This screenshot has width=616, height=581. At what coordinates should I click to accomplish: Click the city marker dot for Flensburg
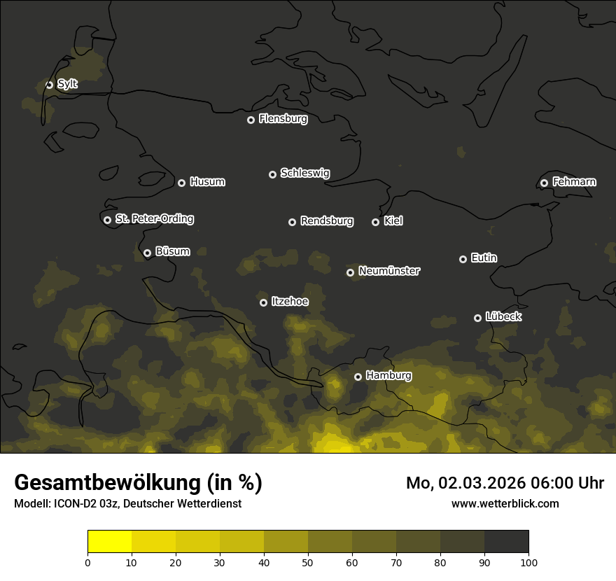point(251,120)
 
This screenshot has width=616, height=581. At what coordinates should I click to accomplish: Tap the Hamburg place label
point(388,376)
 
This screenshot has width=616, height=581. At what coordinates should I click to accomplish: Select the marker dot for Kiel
point(375,222)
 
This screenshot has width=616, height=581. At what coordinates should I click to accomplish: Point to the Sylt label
point(67,84)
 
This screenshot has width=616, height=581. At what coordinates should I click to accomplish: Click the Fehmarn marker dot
point(544,183)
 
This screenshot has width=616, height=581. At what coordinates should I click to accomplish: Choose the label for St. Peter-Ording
point(154,219)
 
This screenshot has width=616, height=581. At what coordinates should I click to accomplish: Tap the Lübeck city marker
point(477,318)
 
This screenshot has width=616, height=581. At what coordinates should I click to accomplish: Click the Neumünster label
point(389,271)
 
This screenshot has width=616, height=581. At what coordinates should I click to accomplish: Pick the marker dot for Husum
point(181,183)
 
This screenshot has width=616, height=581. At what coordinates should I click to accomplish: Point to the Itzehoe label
point(290,302)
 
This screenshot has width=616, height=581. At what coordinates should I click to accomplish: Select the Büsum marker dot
point(147,253)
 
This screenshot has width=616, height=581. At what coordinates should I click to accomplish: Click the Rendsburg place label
point(327,221)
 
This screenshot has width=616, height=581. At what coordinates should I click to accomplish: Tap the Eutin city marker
point(463,259)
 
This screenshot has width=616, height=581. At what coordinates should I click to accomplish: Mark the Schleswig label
point(305,173)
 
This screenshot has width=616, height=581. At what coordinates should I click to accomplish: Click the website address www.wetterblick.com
point(505,503)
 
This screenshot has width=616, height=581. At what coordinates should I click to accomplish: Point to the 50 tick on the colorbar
point(308,561)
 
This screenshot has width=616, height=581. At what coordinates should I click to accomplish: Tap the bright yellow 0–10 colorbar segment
point(109,542)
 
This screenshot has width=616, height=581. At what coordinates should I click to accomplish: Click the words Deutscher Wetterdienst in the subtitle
point(185,503)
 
